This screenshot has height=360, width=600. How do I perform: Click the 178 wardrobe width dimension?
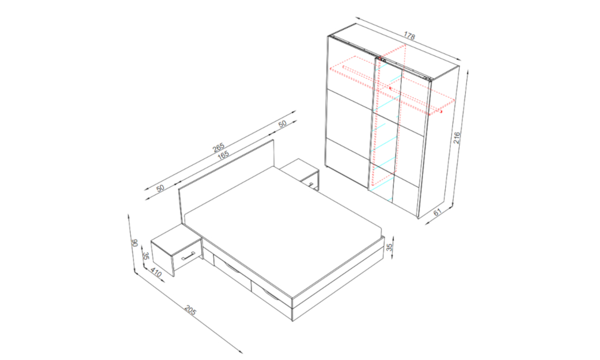pyautogui.click(x=409, y=36)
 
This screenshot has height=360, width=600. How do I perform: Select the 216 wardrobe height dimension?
pyautogui.click(x=457, y=137)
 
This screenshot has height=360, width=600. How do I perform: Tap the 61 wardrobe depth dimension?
pyautogui.click(x=437, y=212)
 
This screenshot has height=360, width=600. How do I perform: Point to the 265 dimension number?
pyautogui.click(x=218, y=148)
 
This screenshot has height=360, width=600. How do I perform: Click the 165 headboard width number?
pyautogui.click(x=223, y=155)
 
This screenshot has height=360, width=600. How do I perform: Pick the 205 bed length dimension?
pyautogui.click(x=190, y=310)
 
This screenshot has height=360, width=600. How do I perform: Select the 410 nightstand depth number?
pyautogui.click(x=156, y=273)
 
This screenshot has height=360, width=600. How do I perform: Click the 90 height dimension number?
pyautogui.click(x=134, y=244)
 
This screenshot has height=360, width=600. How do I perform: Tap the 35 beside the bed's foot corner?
pyautogui.click(x=390, y=247)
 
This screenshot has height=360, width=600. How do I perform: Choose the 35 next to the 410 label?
pyautogui.click(x=145, y=256)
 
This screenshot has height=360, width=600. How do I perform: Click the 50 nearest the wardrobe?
pyautogui.click(x=282, y=124)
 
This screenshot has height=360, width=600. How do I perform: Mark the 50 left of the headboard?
pyautogui.click(x=160, y=188)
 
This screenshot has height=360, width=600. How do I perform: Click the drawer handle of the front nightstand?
pyautogui.click(x=188, y=255)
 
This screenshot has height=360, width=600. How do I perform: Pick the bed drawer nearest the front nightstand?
pyautogui.click(x=232, y=270)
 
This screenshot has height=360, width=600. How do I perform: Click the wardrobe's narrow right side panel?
pyautogui.click(x=438, y=142)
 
